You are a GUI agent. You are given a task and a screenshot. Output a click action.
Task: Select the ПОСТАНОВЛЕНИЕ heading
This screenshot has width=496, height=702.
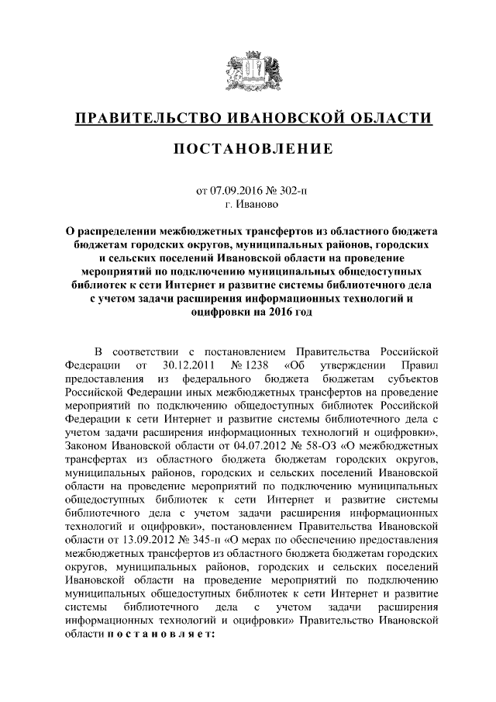click(248, 148)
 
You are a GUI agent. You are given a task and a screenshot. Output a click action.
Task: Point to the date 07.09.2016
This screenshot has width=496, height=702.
click(236, 189)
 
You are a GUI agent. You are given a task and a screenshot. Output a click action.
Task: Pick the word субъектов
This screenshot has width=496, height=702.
click(413, 379)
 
